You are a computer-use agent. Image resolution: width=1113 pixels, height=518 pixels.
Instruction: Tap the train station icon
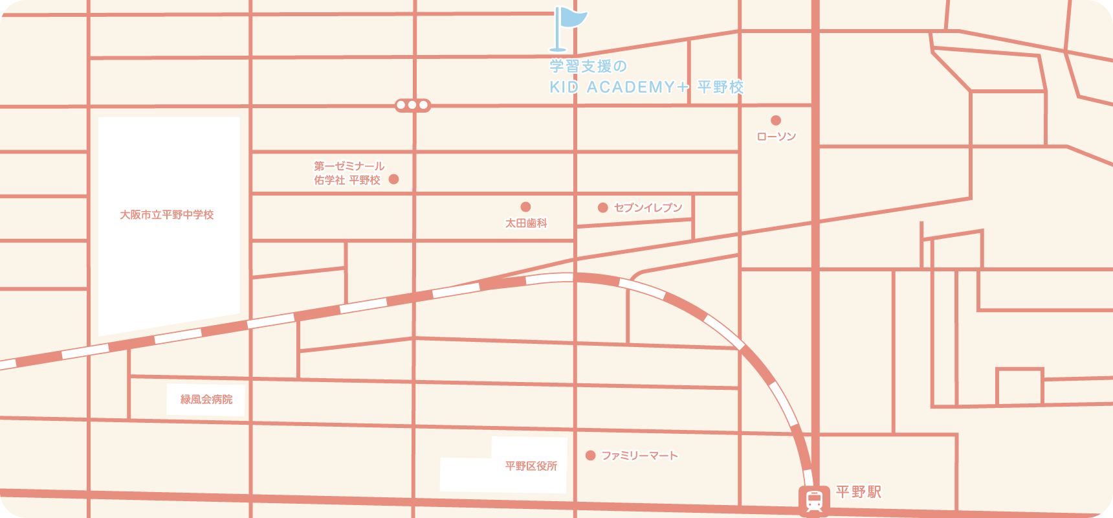814,500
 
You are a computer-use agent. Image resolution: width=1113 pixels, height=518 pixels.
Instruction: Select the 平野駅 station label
858,492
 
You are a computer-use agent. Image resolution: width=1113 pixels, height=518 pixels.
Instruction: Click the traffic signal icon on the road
413,105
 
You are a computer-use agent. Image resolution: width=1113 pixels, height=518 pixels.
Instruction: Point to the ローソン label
776,137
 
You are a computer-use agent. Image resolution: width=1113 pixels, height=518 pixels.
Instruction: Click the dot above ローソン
776,120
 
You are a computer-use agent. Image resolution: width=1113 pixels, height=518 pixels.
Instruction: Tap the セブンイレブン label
648,208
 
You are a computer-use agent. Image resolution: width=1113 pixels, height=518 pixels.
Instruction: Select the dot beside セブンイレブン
602,208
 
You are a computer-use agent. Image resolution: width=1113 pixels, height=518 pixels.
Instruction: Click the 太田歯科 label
526,223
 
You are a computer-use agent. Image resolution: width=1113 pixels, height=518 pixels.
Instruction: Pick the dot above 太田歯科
525,207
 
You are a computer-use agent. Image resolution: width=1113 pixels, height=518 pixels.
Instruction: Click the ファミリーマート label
639,456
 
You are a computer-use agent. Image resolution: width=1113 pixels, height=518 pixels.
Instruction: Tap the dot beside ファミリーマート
590,456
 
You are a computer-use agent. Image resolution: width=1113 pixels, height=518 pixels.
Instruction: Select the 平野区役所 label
531,466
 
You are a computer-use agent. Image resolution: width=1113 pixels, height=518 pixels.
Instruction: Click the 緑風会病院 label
206,400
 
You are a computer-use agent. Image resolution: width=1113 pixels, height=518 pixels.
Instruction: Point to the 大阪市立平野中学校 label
167,215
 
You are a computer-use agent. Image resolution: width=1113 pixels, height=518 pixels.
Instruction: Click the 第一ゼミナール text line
349,166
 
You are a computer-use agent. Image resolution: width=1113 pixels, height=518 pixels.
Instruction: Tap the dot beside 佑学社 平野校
393,179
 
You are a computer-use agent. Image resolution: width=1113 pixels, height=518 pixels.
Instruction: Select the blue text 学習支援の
588,66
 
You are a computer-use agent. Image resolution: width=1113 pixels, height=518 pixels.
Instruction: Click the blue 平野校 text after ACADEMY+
720,87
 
